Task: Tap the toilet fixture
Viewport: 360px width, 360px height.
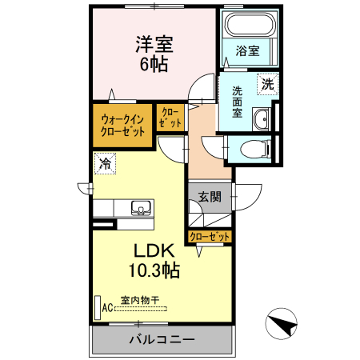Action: tap(255, 149)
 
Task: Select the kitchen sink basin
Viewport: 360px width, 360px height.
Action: tap(141, 208)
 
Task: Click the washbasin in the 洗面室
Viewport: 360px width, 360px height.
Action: tap(262, 119)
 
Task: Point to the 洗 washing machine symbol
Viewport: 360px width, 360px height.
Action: tap(267, 84)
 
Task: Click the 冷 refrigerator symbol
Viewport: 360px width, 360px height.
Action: tap(105, 163)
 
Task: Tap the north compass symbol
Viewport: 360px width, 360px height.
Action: tap(282, 323)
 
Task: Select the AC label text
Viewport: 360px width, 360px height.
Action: tap(108, 308)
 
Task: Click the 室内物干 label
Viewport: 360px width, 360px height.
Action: tap(140, 301)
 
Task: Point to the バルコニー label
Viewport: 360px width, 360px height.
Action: tap(162, 339)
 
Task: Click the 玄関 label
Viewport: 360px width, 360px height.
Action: tap(210, 197)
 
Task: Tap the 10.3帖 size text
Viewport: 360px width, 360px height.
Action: tap(154, 270)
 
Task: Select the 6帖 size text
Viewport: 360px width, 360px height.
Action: tap(154, 64)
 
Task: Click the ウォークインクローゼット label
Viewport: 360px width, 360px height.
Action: tap(122, 126)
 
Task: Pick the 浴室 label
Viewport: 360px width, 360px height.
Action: tap(247, 50)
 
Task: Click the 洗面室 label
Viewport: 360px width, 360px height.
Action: tap(237, 102)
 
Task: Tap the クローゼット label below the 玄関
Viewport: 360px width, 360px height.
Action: tap(210, 236)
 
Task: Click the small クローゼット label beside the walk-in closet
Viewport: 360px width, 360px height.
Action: tap(170, 118)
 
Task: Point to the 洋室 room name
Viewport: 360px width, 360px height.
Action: tap(154, 44)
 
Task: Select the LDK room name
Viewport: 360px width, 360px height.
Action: tap(154, 250)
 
